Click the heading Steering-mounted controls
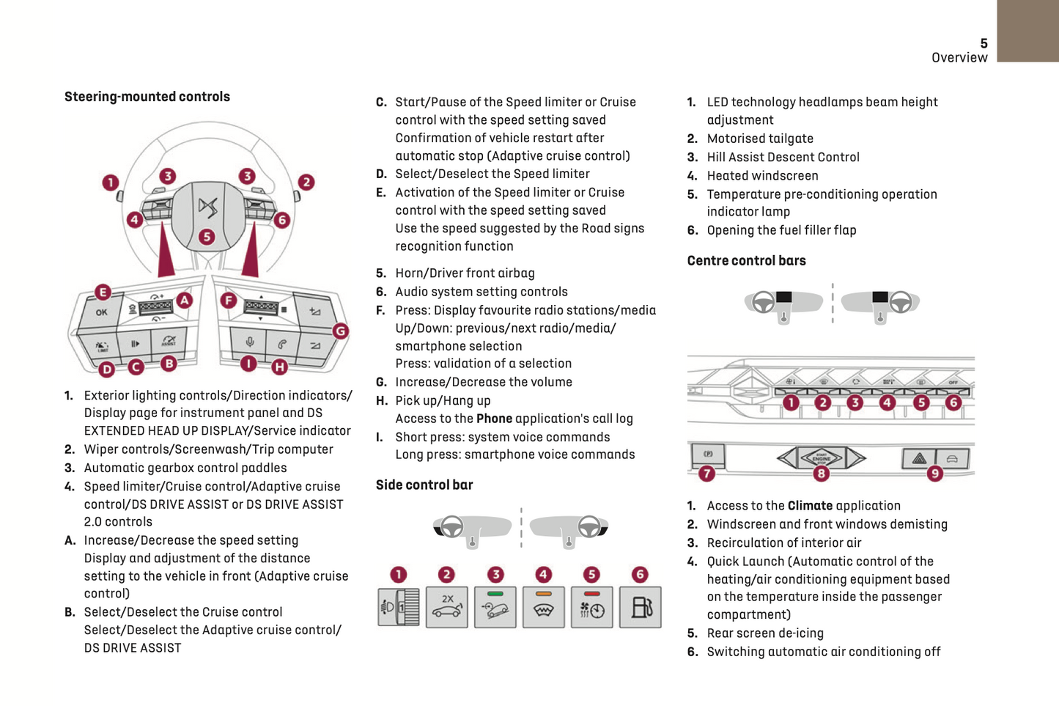coord(147,97)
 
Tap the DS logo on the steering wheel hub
coord(207,207)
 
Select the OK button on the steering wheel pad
coord(101,312)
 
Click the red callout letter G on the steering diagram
coord(341,331)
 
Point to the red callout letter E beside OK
coord(103,293)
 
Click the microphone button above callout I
coord(249,342)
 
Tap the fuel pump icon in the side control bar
coord(640,607)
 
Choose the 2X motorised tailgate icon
coord(447,607)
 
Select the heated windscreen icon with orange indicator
coord(543,607)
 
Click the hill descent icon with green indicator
coord(495,607)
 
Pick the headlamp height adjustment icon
coord(398,607)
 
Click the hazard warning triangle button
coord(919,459)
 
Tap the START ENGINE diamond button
coord(821,458)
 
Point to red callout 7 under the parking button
coord(706,474)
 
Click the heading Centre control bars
coord(746,261)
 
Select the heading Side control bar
coord(424,485)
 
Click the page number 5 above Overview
coord(984,44)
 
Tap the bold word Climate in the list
coord(810,506)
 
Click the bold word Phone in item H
coord(494,419)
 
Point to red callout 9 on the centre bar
coord(934,474)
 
